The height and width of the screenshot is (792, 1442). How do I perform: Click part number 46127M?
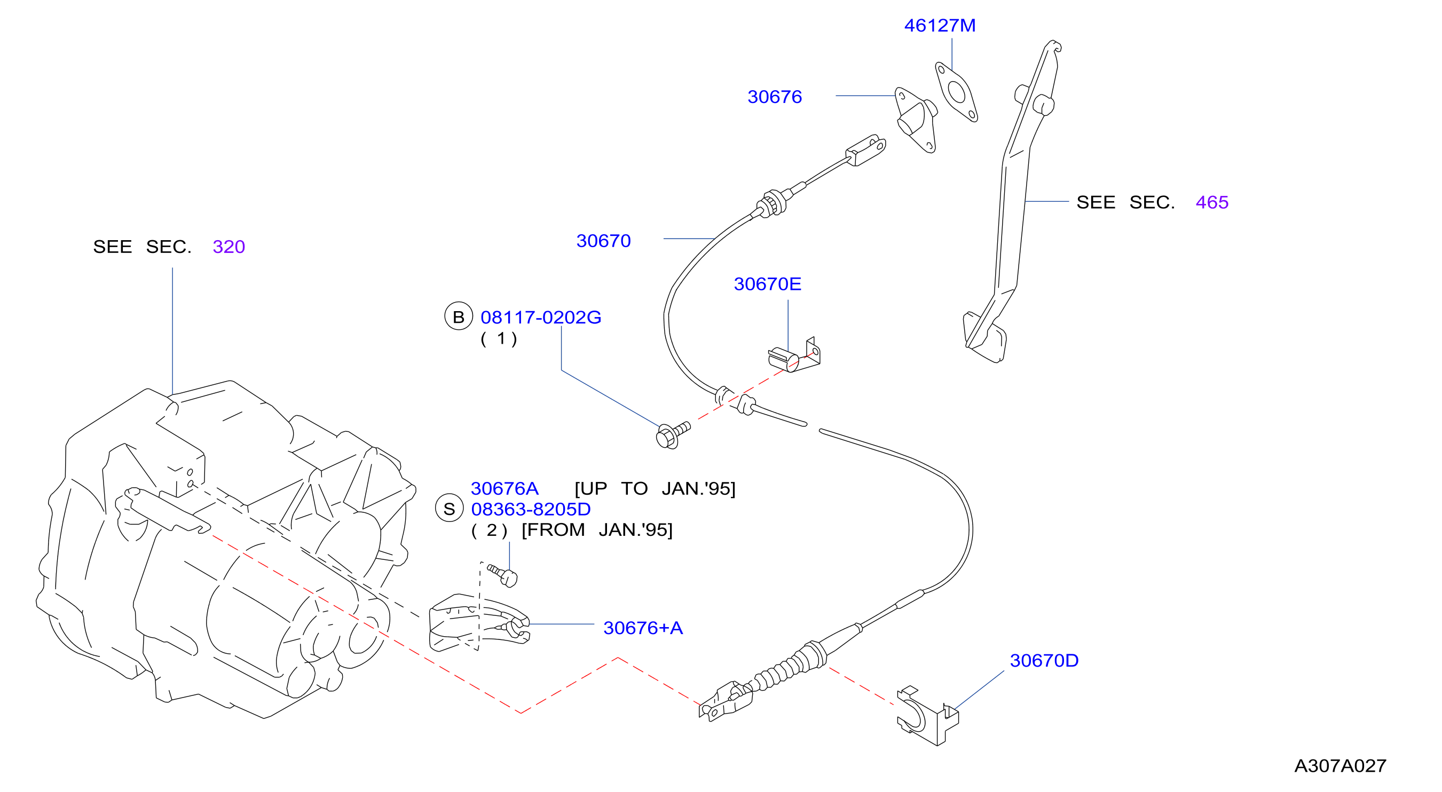[x=939, y=26]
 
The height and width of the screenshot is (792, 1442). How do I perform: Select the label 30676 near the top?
[x=775, y=97]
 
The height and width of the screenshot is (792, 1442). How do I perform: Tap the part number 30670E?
[x=768, y=284]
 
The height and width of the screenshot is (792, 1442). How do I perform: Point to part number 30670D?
[x=1044, y=661]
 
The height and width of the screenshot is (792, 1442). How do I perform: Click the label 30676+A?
[x=643, y=628]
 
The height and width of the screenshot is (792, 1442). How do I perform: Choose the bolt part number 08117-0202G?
[x=541, y=318]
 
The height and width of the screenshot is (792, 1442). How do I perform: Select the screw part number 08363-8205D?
[x=531, y=509]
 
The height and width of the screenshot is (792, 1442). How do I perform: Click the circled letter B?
[x=459, y=316]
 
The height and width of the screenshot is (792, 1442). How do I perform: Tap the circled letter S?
[x=449, y=508]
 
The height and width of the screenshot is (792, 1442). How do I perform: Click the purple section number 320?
[x=229, y=247]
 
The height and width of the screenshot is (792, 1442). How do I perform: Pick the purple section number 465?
[x=1212, y=202]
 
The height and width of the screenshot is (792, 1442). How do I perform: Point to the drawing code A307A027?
[x=1340, y=766]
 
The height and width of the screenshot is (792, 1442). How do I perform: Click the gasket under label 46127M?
[x=957, y=92]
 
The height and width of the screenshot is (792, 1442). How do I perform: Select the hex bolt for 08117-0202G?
[x=672, y=435]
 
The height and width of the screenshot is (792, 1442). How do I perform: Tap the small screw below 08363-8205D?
[x=503, y=575]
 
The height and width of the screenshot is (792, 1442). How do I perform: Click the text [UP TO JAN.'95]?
[x=655, y=489]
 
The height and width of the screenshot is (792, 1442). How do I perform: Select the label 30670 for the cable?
[x=603, y=241]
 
